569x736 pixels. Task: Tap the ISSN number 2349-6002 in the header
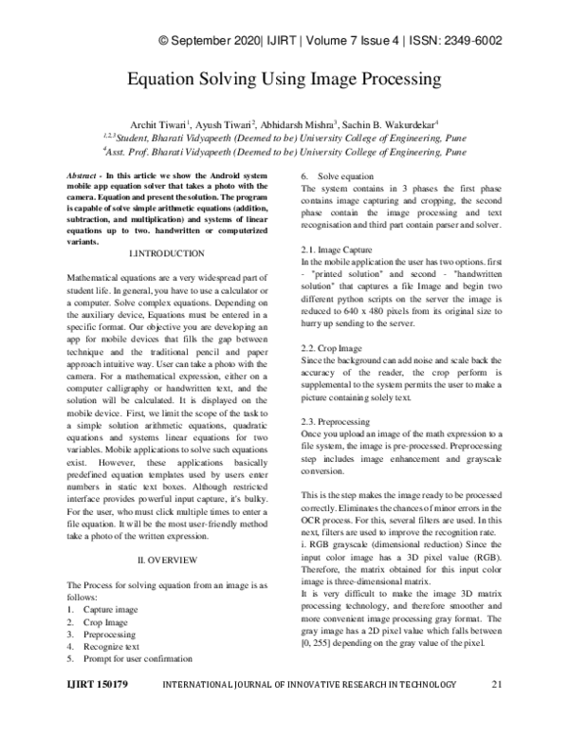tap(469, 41)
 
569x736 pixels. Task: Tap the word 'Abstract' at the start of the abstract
tap(88, 177)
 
